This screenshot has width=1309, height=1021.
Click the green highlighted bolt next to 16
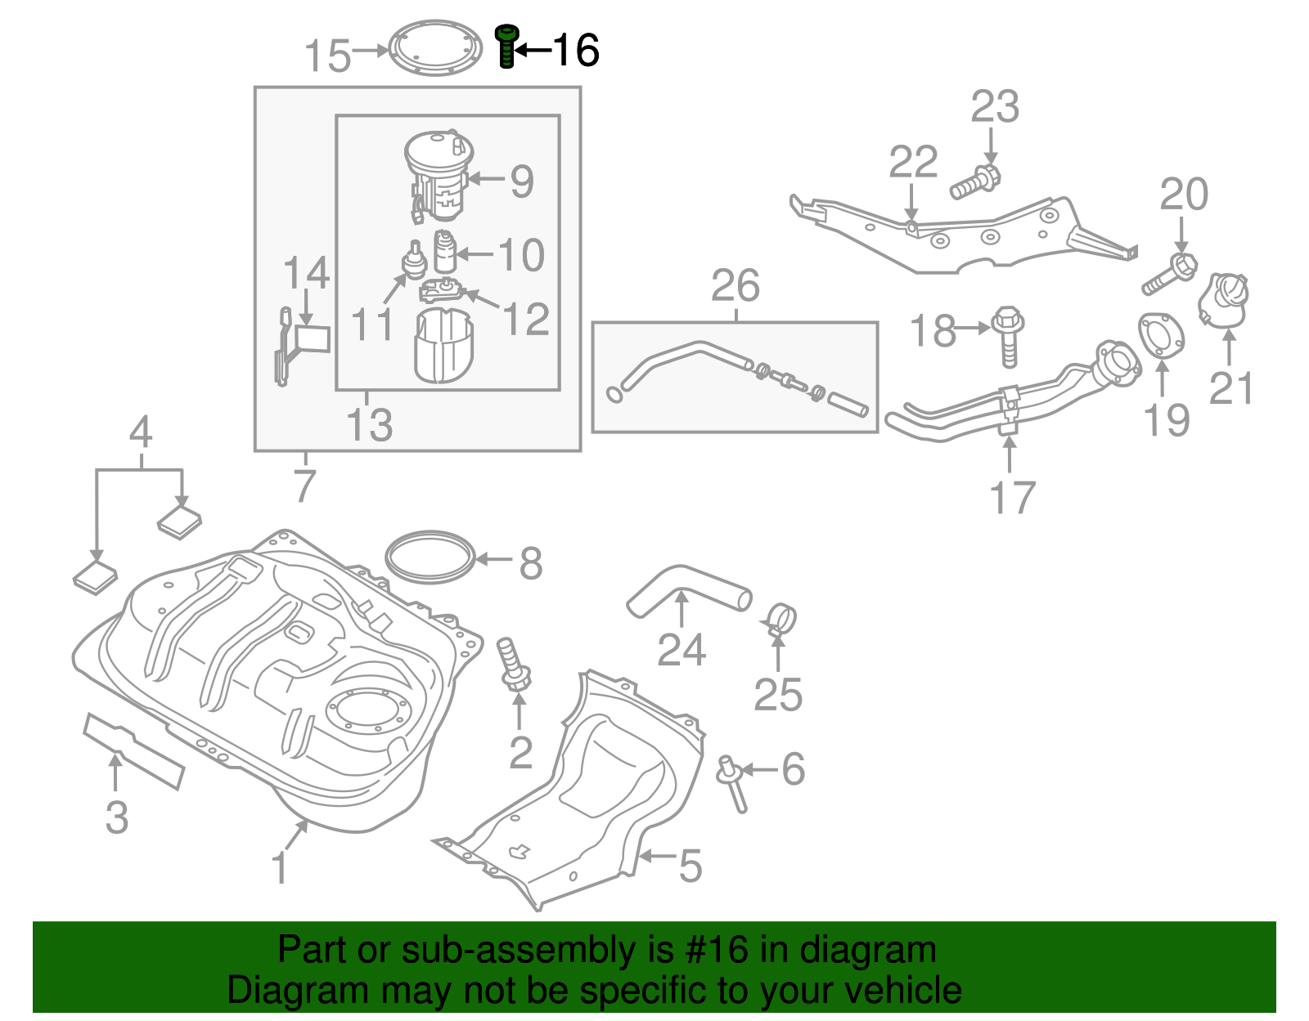(x=506, y=46)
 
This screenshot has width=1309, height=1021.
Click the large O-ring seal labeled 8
(x=430, y=558)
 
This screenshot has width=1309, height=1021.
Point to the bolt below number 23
(x=975, y=182)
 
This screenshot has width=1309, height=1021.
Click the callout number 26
(x=735, y=286)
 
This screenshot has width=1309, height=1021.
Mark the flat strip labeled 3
(x=133, y=750)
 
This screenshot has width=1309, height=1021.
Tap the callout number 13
(x=369, y=424)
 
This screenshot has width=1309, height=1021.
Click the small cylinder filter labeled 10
(x=444, y=252)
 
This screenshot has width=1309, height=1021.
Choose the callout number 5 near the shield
(x=690, y=866)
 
